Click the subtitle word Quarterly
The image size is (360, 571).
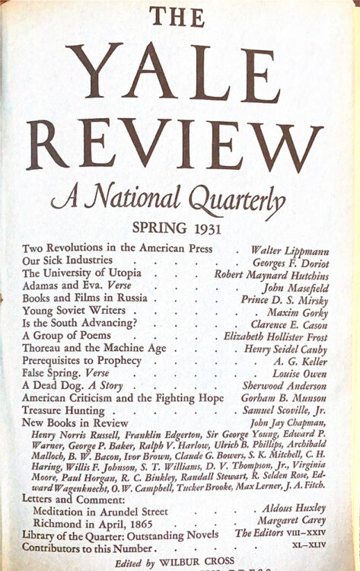233,199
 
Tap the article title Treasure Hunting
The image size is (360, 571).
67,410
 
